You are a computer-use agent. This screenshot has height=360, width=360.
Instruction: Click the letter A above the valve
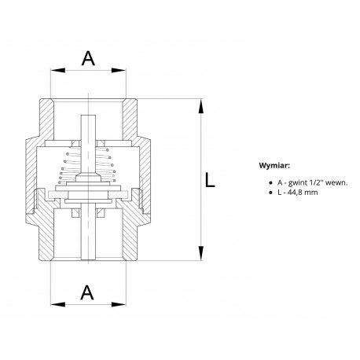click(88, 58)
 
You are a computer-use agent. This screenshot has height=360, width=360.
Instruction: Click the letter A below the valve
click(87, 292)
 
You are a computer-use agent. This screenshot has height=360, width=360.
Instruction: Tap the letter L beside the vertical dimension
click(210, 180)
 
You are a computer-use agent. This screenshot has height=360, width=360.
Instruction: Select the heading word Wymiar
click(274, 166)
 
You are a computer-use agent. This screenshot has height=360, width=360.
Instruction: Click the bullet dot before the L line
click(271, 193)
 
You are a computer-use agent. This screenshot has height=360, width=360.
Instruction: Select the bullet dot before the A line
click(271, 183)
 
